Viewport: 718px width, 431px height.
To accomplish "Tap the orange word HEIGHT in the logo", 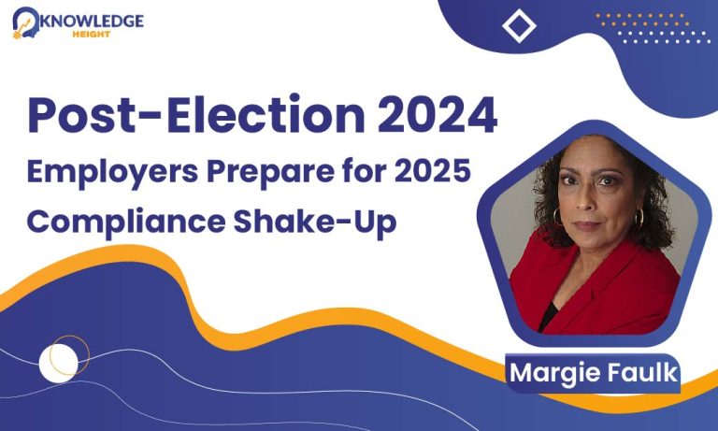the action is (92, 35).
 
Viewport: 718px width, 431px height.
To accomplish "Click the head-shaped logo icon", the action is (26, 22).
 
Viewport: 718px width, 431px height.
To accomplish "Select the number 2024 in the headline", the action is (438, 114).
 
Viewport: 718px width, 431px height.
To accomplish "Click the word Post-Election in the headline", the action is (196, 113).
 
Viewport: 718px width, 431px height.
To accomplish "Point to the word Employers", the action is (112, 173).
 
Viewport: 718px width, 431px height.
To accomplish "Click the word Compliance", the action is (126, 223).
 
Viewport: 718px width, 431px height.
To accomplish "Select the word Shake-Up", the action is (315, 223).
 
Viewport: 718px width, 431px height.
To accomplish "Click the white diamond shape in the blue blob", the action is (519, 25).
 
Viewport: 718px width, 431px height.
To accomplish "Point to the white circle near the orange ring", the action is (58, 363).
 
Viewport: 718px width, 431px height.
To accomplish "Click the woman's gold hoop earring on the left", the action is (557, 217).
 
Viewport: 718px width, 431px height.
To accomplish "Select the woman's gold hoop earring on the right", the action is (639, 218).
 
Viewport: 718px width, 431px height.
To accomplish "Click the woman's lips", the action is (586, 225).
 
